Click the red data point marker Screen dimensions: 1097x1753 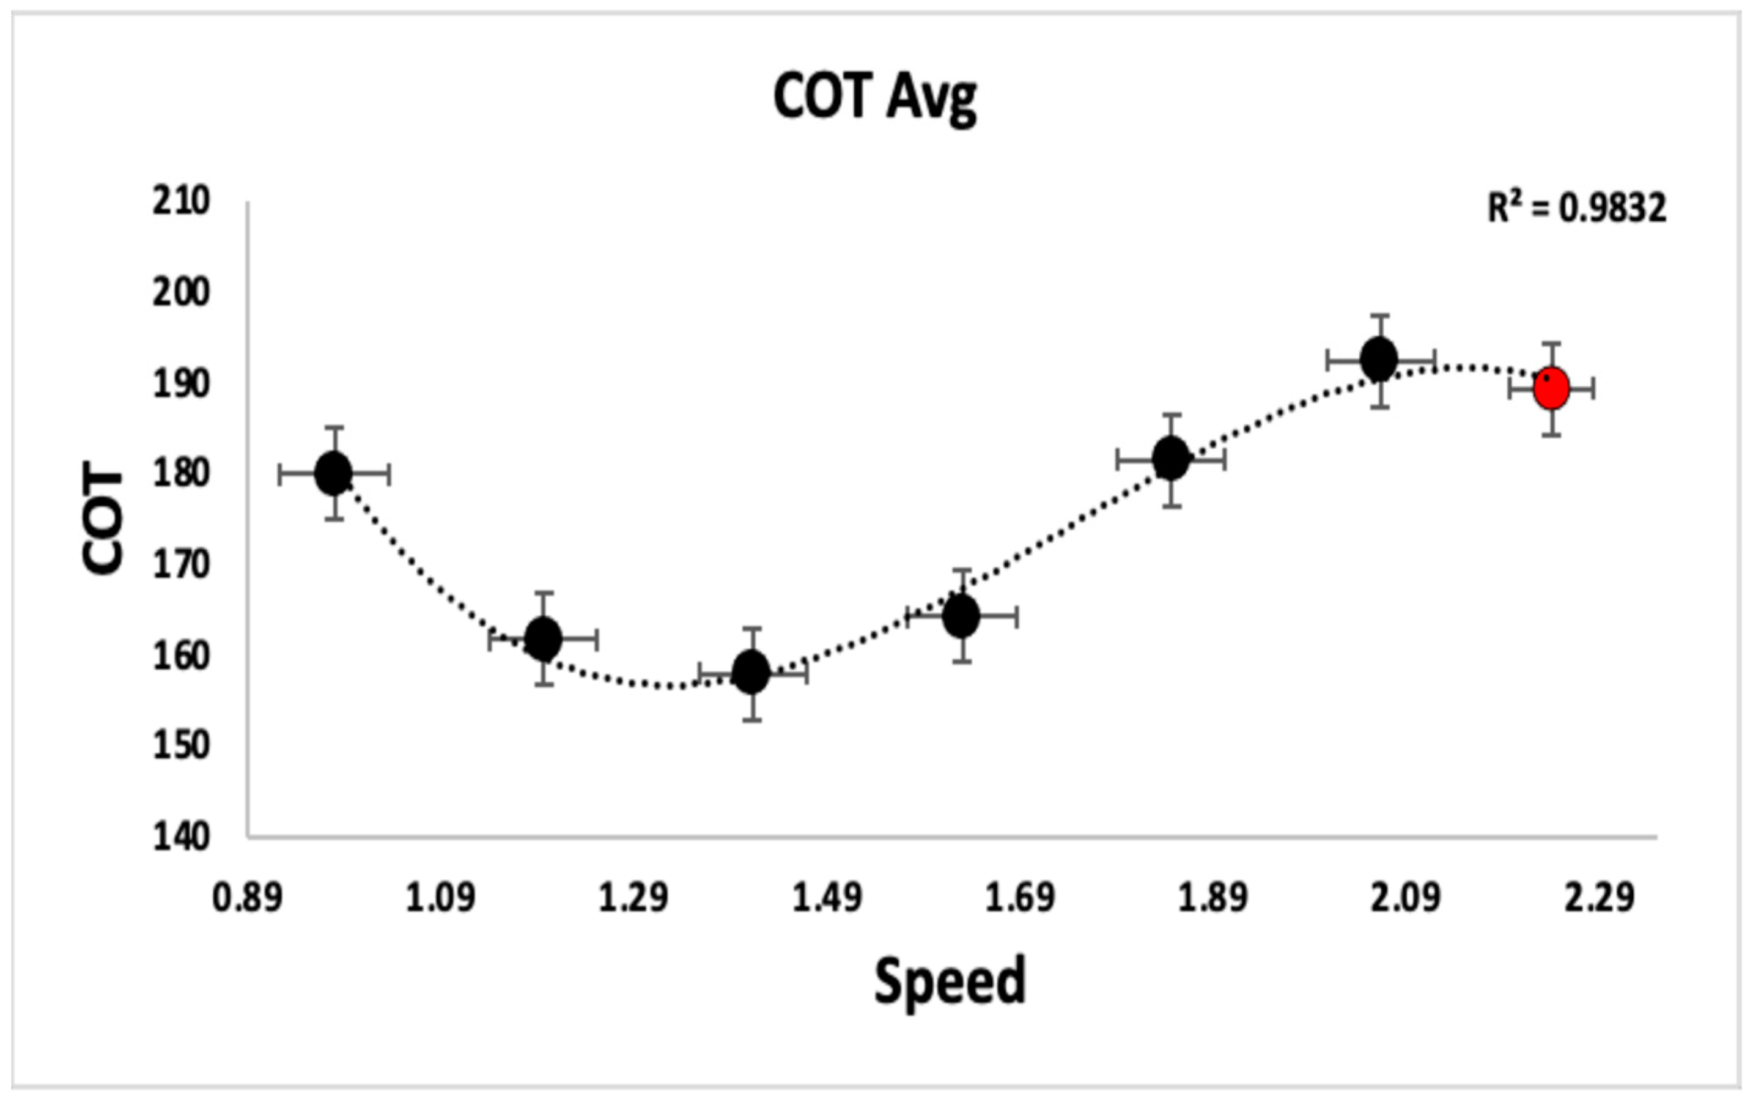point(1551,389)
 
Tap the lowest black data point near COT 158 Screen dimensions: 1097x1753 point(751,673)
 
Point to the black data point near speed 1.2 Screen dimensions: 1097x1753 point(543,639)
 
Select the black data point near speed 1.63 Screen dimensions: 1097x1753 point(961,616)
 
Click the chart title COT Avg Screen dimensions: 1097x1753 point(875,98)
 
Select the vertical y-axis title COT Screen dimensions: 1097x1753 point(102,521)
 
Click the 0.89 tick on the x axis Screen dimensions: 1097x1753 point(247,897)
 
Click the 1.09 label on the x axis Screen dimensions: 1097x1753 point(441,897)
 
